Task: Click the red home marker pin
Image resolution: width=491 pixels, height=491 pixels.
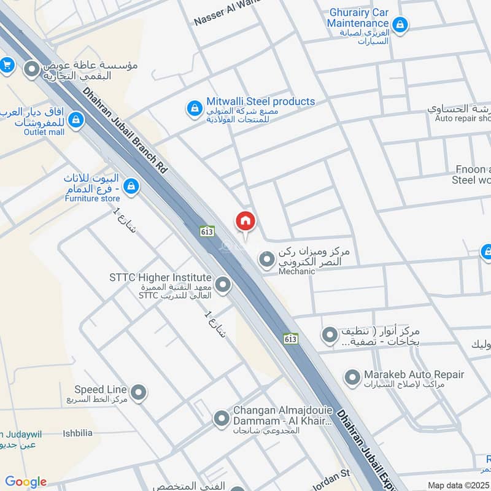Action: pos(245,221)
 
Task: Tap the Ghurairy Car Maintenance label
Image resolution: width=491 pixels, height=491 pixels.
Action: pos(359,17)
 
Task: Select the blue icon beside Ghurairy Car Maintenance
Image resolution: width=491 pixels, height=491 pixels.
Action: pos(400,25)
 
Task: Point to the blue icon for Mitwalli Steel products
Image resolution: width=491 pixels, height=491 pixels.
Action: pos(194,109)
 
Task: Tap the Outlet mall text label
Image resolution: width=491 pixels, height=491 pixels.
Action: pos(44,131)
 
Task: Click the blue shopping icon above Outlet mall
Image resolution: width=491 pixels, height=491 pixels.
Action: pos(76,118)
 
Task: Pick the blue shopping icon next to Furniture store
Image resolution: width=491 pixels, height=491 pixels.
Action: pos(131,185)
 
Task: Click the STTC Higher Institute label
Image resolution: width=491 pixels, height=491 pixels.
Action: pos(160,278)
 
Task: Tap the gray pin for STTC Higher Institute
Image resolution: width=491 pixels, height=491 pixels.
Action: pos(223,285)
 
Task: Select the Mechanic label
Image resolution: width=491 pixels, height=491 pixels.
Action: pos(296,271)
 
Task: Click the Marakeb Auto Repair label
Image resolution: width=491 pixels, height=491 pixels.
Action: pos(414,374)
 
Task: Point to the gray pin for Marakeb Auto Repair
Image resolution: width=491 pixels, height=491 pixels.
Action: pos(352,377)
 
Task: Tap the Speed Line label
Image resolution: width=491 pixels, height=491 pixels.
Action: pos(101,390)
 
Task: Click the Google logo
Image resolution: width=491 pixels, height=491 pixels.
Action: pos(26,482)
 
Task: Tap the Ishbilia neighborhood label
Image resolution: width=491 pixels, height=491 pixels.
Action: pos(78,433)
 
